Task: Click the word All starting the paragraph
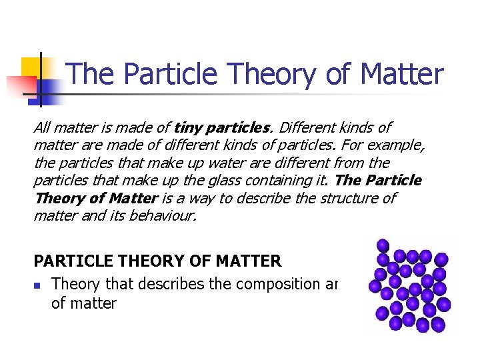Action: coord(42,127)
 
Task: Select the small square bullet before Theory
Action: coord(38,285)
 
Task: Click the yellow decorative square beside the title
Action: coord(31,67)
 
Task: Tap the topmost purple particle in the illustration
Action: coord(383,245)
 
